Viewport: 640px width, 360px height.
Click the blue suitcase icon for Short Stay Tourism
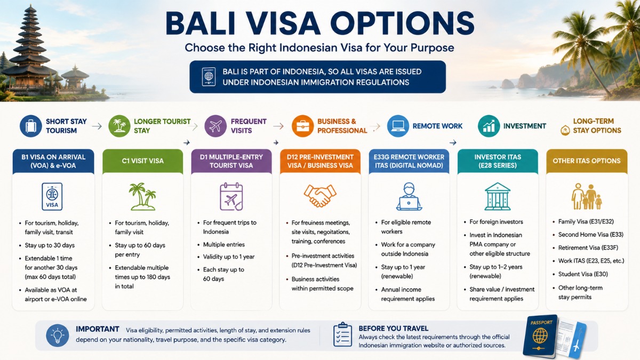coord(31,126)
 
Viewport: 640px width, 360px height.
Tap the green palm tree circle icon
coord(119,126)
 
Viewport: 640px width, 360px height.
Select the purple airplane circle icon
coord(215,126)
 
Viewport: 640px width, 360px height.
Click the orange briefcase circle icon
coord(302,126)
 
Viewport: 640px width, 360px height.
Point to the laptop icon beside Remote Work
coord(398,126)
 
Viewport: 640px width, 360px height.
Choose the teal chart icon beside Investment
coord(489,126)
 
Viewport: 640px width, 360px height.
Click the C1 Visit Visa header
coord(142,161)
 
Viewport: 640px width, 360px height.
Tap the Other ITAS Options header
coord(587,161)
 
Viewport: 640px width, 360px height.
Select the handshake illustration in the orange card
coord(320,196)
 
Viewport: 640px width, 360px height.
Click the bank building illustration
coord(498,197)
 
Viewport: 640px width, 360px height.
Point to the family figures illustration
coord(587,197)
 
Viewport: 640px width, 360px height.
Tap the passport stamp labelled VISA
coord(52,197)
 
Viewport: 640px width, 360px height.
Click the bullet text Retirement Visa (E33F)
coord(588,247)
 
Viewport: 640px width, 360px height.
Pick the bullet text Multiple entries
coord(223,245)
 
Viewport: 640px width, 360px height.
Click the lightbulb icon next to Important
coord(58,335)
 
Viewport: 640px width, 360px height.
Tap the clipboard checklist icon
coord(342,334)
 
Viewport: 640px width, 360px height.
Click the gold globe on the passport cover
coord(540,335)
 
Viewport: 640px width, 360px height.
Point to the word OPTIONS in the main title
coord(402,23)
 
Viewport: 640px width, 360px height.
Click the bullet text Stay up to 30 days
coord(50,245)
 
